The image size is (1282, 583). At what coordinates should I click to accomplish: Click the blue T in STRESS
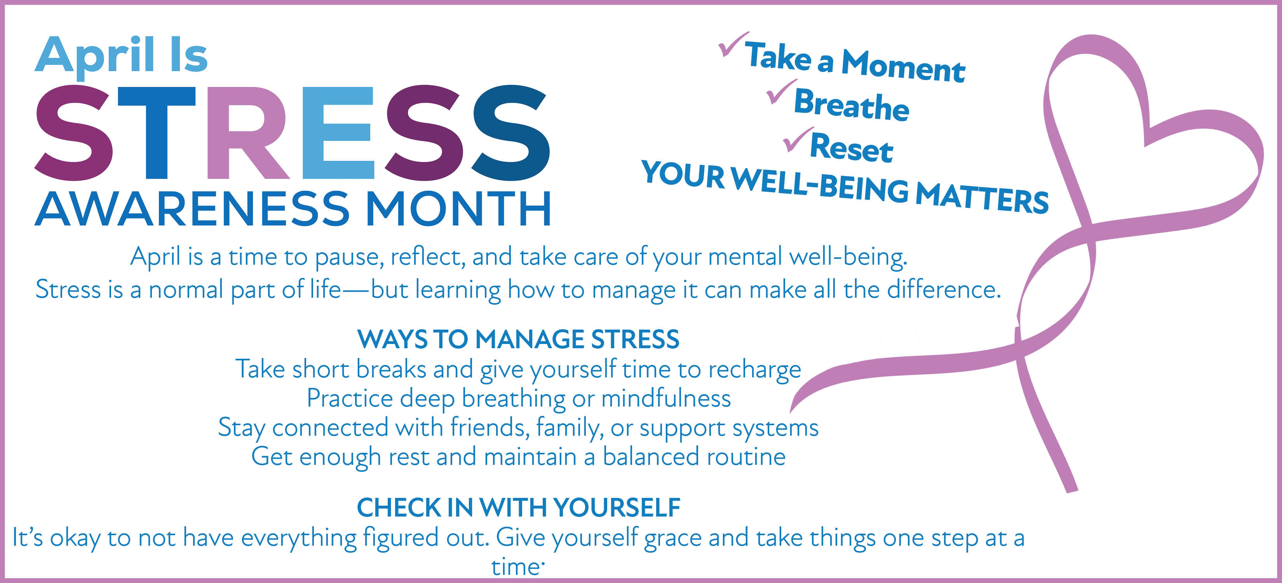[157, 133]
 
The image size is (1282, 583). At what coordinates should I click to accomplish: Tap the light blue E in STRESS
[338, 133]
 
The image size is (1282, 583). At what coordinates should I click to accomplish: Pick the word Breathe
[852, 105]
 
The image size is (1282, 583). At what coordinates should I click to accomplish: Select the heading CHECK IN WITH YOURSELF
[519, 508]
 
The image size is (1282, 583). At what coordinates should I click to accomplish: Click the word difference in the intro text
[944, 289]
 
